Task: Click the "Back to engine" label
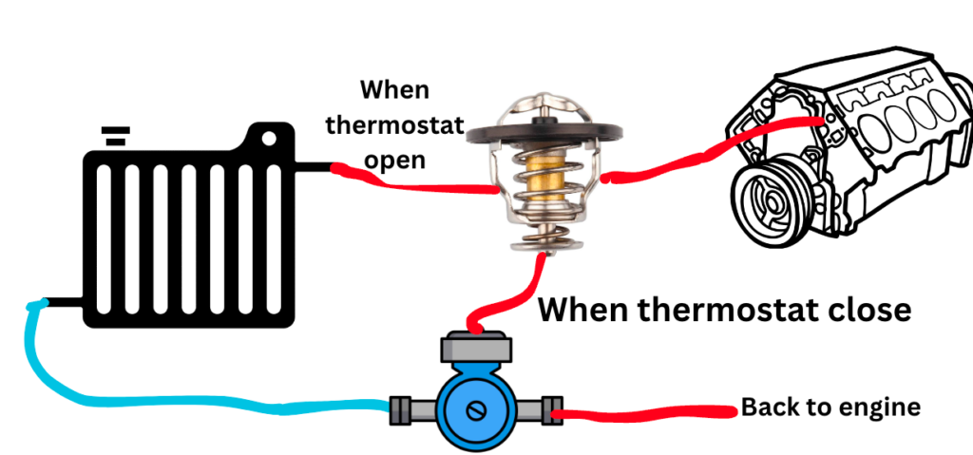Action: click(x=830, y=408)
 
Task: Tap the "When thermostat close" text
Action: click(x=724, y=309)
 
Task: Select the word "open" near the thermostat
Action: click(x=394, y=161)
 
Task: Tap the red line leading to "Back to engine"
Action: click(x=645, y=412)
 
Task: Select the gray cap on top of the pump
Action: click(x=476, y=349)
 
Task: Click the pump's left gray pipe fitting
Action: click(x=413, y=410)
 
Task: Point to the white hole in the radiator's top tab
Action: click(x=269, y=139)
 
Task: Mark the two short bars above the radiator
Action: click(x=115, y=136)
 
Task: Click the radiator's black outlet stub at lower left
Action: click(x=64, y=303)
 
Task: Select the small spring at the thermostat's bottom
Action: click(x=542, y=238)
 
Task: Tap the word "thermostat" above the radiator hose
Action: click(x=395, y=125)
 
